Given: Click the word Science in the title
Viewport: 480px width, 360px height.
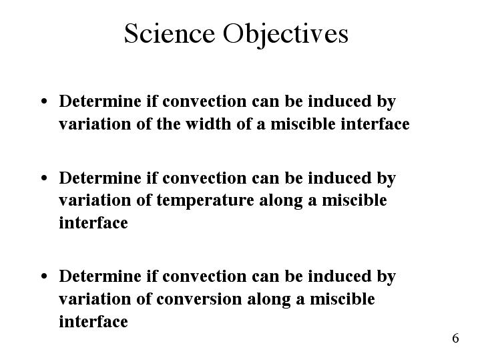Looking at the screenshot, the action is pos(170,33).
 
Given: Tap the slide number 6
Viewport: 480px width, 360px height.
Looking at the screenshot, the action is pos(455,338).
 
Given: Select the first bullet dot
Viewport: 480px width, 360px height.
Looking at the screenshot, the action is pos(44,101).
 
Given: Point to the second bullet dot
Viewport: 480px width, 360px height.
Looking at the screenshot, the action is pos(44,178).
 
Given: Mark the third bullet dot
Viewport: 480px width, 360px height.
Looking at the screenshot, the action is pos(44,276).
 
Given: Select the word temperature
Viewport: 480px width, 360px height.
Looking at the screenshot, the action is pos(205,201).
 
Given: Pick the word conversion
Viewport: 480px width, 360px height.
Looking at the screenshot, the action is pos(199,299).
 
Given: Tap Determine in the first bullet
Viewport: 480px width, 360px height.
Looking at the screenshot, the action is pos(100,101).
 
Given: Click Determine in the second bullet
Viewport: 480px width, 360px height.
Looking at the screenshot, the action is pos(100,178).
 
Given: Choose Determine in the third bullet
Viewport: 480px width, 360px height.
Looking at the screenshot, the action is pos(100,276).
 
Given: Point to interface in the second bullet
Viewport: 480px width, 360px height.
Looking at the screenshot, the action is pos(93,222).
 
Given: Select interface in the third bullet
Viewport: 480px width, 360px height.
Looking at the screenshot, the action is pos(93,321).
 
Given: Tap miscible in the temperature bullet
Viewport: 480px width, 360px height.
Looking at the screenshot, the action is pos(354,200).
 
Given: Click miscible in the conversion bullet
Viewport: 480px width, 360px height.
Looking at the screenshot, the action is pos(342,299).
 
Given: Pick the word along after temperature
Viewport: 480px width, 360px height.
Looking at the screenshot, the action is pos(280,201).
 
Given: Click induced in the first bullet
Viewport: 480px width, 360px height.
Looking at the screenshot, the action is pos(340,101).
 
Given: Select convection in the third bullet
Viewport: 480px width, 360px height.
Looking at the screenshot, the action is pos(204,277).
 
